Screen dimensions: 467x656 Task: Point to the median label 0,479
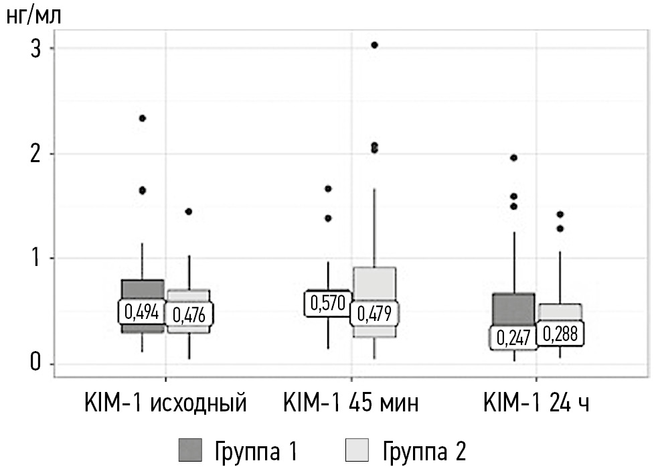click(374, 313)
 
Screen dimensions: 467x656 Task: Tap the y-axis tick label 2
click(36, 153)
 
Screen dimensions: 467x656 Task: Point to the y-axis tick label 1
click(36, 259)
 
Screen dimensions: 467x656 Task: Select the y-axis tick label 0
click(36, 364)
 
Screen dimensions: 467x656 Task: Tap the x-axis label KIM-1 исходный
click(166, 403)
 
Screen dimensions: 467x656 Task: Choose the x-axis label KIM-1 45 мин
click(351, 403)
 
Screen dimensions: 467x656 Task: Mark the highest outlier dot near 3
click(375, 45)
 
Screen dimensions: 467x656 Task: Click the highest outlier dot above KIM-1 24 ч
click(514, 157)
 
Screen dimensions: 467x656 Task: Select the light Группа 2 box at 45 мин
click(374, 285)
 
